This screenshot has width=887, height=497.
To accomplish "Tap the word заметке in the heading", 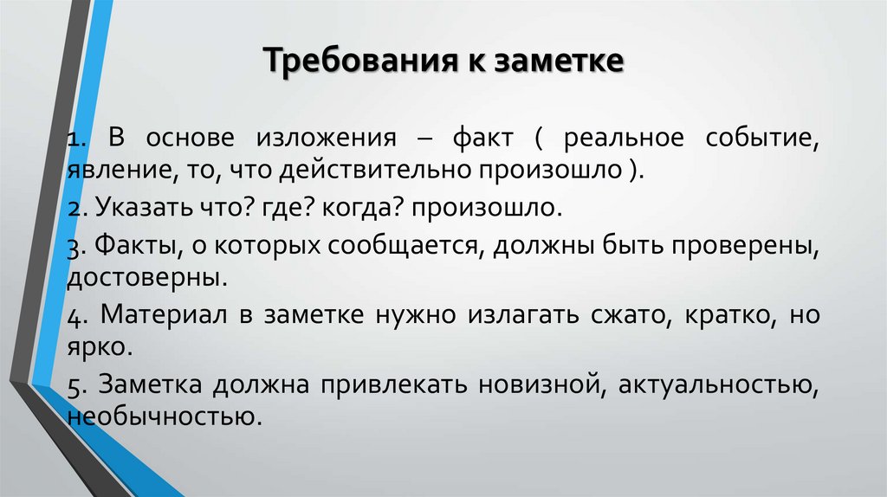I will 558,63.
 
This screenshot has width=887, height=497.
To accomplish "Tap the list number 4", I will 74,317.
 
